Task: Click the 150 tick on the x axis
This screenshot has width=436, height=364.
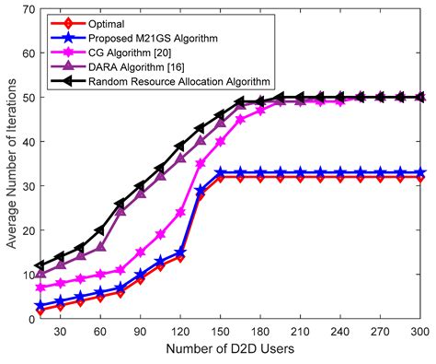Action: pyautogui.click(x=220, y=333)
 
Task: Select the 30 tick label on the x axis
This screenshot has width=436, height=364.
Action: pyautogui.click(x=60, y=333)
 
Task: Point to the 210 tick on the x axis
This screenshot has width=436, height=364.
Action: pyautogui.click(x=301, y=333)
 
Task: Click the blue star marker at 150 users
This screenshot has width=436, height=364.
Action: pyautogui.click(x=221, y=173)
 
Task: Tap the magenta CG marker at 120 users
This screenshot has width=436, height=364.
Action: pyautogui.click(x=180, y=212)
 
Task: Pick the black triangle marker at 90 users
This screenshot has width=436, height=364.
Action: pyautogui.click(x=140, y=186)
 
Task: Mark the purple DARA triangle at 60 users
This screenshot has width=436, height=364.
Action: pyautogui.click(x=99, y=248)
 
